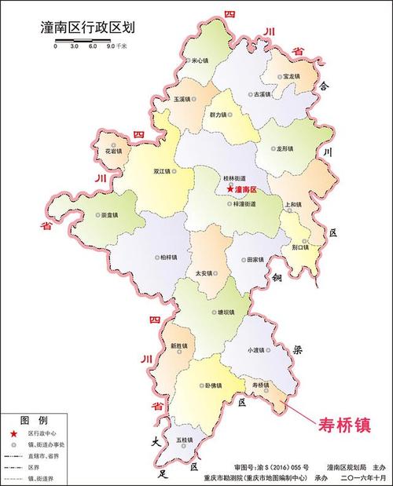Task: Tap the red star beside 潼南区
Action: [x=230, y=189]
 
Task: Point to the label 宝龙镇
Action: [x=293, y=76]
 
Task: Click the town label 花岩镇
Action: [x=113, y=151]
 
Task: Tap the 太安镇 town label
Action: [x=204, y=273]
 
